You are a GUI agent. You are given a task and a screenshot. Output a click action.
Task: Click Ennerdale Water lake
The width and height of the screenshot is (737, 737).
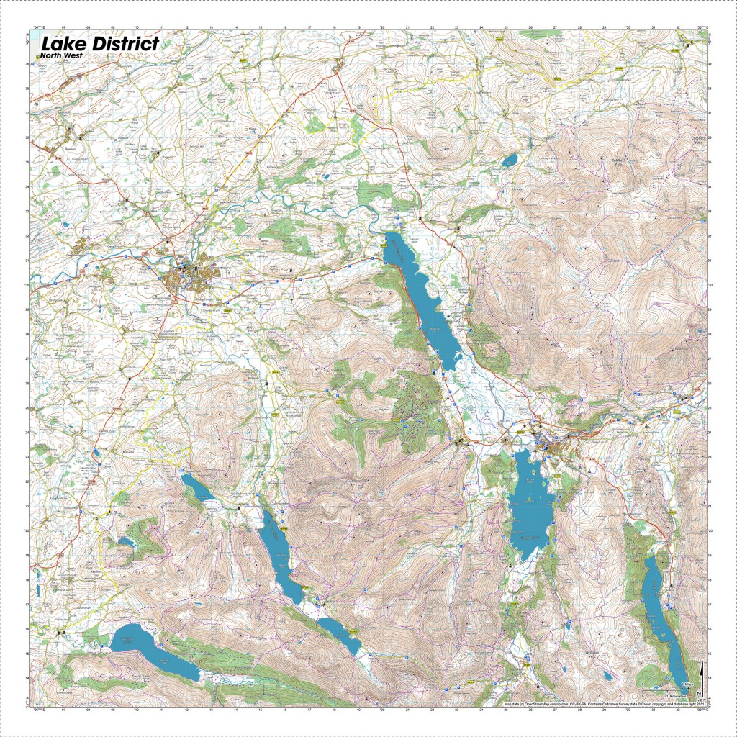pos(151,651)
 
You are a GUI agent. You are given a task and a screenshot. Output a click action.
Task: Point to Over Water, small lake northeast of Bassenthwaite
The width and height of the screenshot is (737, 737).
pos(510,159)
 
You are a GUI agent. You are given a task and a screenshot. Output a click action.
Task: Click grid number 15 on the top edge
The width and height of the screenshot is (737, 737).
pos(261,27)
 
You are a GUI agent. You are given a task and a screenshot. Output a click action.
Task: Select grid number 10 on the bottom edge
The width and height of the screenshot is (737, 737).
pos(137,710)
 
